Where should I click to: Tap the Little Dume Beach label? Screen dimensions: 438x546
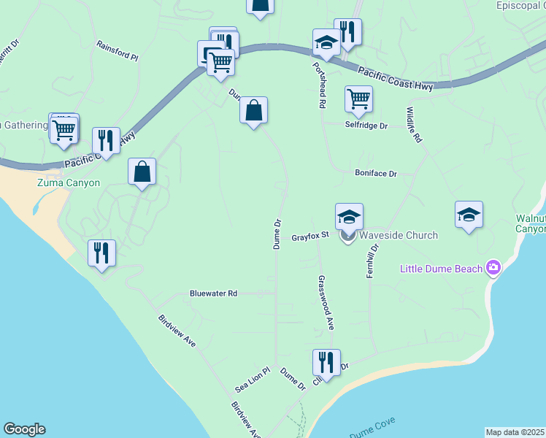click(x=441, y=269)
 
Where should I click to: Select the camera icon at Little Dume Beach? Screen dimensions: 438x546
click(x=493, y=268)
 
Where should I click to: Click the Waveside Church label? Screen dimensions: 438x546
click(x=399, y=235)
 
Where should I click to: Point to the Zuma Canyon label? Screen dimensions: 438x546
click(x=69, y=182)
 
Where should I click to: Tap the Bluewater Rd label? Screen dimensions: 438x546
click(x=213, y=293)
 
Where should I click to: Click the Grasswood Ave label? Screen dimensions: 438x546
click(x=326, y=302)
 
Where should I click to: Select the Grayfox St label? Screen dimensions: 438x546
click(x=312, y=237)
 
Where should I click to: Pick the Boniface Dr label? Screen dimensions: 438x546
click(x=375, y=174)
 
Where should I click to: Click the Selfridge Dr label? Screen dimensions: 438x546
click(x=369, y=125)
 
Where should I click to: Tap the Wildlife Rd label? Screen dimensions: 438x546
click(x=414, y=124)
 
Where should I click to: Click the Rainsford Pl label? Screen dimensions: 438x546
click(x=118, y=50)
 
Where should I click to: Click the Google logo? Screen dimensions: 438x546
click(x=24, y=429)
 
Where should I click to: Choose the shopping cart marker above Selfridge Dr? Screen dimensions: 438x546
click(x=358, y=99)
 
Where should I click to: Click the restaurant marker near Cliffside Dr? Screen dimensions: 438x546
click(x=326, y=362)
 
